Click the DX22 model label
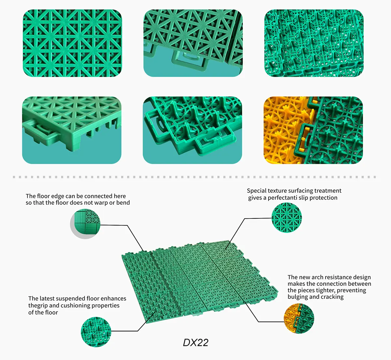click(195, 343)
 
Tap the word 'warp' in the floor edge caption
click(101, 203)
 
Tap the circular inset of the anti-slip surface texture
click(286, 218)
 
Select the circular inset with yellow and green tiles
click(299, 319)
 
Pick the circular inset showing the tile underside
click(96, 332)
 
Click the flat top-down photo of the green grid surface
click(72, 43)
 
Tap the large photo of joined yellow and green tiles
click(313, 130)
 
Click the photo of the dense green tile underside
click(314, 43)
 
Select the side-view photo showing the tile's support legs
click(72, 130)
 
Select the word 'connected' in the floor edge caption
click(96, 196)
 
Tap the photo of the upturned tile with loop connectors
click(192, 130)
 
